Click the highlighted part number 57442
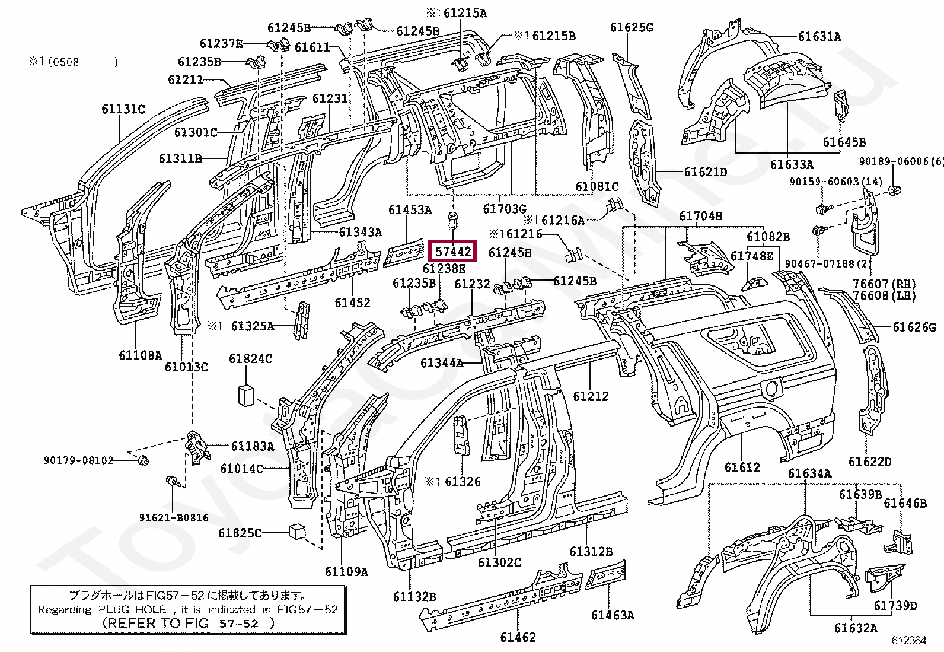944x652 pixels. coord(453,251)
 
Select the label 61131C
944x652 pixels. coord(123,109)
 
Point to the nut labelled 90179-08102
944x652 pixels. coord(142,460)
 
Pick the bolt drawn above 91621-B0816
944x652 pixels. coord(171,481)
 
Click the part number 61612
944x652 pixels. coord(742,467)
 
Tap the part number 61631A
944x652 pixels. coord(819,36)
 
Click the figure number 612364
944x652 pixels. coord(908,641)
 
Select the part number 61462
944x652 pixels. coord(517,637)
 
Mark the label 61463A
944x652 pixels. coord(612,615)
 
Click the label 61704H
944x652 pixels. coord(700,217)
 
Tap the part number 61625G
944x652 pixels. coord(632,27)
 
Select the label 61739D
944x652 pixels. coord(895,605)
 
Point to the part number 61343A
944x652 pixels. coord(361,232)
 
